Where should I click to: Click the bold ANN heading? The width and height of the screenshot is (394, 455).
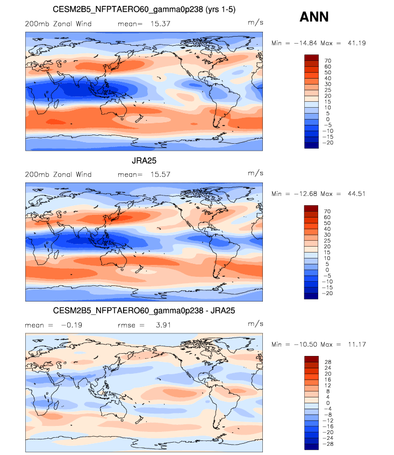[x=314, y=18]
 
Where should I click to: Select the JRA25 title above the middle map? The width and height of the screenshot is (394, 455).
[x=144, y=160]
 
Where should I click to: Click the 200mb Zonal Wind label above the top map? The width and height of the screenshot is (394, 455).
[x=58, y=24]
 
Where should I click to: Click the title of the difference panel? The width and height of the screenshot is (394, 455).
[x=144, y=311]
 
